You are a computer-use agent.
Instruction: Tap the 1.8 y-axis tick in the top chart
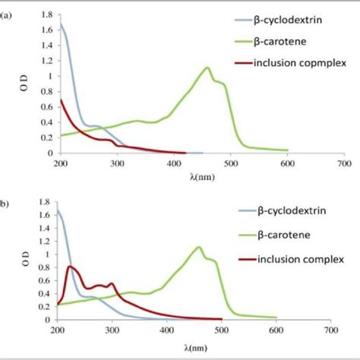45,14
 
